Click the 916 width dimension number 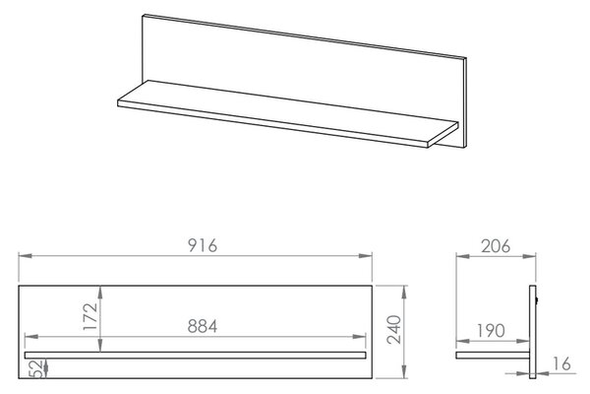pyautogui.click(x=203, y=245)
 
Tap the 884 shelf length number pyautogui.click(x=203, y=326)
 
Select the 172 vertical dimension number pyautogui.click(x=90, y=316)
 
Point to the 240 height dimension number pyautogui.click(x=394, y=329)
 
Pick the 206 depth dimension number pyautogui.click(x=496, y=246)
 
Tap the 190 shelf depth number pyautogui.click(x=491, y=331)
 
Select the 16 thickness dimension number pyautogui.click(x=562, y=363)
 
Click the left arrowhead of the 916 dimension pyautogui.click(x=25, y=256)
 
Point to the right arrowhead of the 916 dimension pyautogui.click(x=366, y=256)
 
